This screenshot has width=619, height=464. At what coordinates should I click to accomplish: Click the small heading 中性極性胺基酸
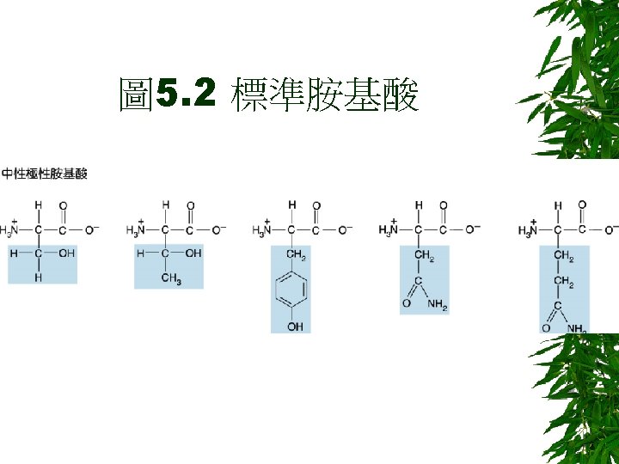(x=45, y=174)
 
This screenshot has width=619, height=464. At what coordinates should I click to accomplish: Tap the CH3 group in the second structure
(x=170, y=278)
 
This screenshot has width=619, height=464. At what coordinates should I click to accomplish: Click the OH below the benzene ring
(x=295, y=327)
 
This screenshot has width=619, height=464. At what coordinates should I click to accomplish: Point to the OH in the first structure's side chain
(x=67, y=253)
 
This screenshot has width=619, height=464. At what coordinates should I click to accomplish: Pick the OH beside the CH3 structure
(x=193, y=253)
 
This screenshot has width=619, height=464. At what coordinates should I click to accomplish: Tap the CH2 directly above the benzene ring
(x=296, y=255)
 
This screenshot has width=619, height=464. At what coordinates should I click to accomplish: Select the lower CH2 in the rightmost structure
(x=564, y=281)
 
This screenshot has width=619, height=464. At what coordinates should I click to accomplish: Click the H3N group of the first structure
(x=11, y=230)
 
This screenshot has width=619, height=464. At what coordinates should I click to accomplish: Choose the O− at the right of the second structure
(x=219, y=229)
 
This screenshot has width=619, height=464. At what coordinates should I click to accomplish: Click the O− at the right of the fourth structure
(x=473, y=229)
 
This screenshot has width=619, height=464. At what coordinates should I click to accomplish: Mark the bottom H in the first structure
(x=38, y=278)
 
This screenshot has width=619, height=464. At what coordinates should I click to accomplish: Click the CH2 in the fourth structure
(x=423, y=255)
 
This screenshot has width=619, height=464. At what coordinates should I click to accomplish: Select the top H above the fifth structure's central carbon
(x=558, y=205)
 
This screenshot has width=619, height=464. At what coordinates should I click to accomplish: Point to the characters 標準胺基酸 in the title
(x=324, y=97)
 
